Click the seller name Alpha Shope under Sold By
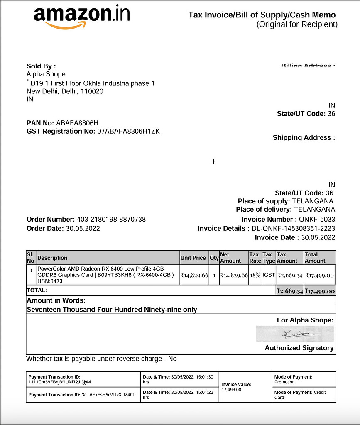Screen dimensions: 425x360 (46, 74)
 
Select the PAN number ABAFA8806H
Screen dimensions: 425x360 (77, 123)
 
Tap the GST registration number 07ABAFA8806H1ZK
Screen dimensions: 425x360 (128, 131)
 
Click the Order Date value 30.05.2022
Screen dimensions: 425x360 (83, 228)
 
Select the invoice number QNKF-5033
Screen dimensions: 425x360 (317, 219)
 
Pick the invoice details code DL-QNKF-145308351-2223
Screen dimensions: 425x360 (293, 228)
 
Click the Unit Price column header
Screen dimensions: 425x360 (193, 258)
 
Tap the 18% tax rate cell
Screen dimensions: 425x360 (255, 275)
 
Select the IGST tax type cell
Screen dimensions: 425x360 (268, 275)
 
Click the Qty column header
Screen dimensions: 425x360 (214, 258)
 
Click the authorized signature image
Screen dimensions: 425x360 (295, 334)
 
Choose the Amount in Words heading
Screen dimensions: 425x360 (56, 300)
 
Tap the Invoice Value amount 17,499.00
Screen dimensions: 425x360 (231, 390)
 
